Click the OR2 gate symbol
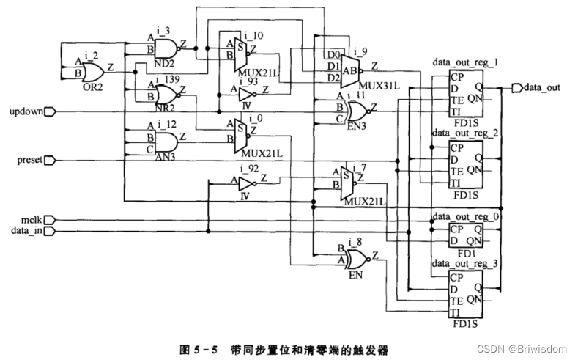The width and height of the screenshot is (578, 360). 92,71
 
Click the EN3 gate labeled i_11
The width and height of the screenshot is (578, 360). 359,111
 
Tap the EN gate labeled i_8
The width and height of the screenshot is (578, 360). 359,258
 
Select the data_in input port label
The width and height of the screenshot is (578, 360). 26,230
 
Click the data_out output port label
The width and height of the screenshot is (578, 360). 542,88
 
